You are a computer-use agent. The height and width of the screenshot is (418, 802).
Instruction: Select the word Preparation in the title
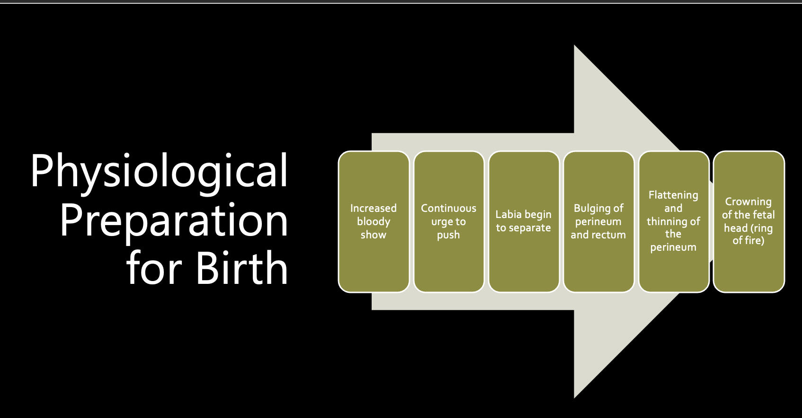point(174,220)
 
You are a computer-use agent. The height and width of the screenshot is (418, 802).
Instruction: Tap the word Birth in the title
point(241,268)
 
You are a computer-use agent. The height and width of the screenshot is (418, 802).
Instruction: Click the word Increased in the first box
point(374,208)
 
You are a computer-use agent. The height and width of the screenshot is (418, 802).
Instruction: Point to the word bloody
point(374,222)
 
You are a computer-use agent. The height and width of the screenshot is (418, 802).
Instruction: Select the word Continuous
point(448,208)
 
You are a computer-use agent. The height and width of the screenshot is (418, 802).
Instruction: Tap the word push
point(448,235)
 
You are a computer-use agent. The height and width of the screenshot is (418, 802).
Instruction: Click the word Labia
point(508,214)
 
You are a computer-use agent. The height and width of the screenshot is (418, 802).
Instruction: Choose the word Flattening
point(673,195)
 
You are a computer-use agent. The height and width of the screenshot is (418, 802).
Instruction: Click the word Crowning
point(748,202)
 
